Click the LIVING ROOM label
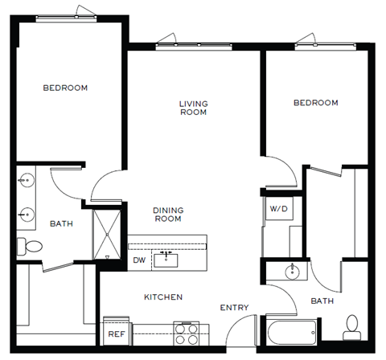(193, 108)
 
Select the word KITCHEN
(163, 297)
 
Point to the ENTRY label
(234, 307)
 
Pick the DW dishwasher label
(138, 260)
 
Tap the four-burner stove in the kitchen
(187, 332)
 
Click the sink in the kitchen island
(168, 258)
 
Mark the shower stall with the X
(109, 229)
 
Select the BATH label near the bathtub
(322, 301)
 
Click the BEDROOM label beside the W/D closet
(315, 103)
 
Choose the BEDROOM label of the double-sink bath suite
(65, 88)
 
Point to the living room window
(193, 43)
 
